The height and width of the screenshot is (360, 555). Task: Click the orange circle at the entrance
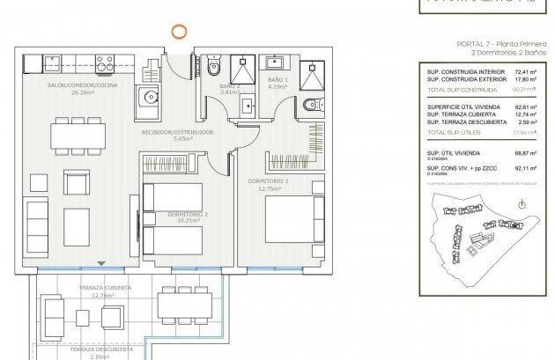point(178,32)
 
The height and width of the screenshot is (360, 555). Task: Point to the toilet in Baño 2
point(212,68)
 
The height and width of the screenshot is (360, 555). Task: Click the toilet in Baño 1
point(307,107)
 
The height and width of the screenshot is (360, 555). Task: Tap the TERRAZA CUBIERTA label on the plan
point(105,289)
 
